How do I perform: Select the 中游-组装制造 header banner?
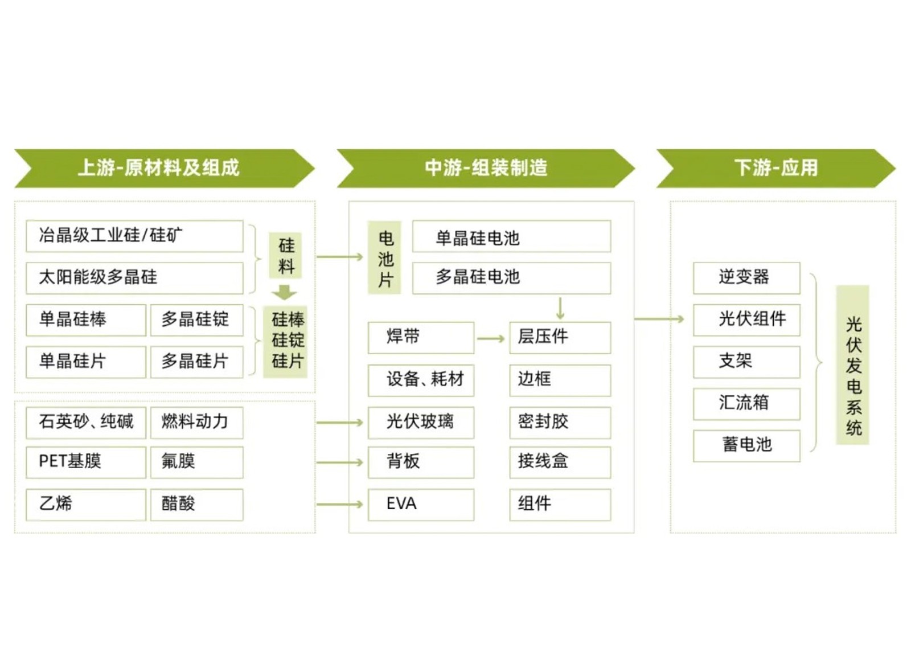(485, 168)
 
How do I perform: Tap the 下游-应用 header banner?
(775, 168)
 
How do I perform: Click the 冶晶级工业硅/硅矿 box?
(134, 236)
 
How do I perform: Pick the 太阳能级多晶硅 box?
(134, 277)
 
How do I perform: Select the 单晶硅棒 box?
(85, 320)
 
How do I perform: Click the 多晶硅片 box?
(196, 361)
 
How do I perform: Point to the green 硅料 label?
(286, 256)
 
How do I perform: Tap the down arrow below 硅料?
(284, 293)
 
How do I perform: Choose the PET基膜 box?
(85, 461)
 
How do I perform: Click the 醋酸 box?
(196, 503)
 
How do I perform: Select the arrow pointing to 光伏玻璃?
(339, 423)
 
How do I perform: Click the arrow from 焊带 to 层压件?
(491, 339)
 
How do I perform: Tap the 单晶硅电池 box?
(511, 237)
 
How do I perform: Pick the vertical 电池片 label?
(385, 258)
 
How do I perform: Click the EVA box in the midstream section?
(420, 504)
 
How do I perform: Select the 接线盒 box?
(560, 461)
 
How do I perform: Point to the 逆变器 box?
(746, 278)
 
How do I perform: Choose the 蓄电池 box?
(746, 445)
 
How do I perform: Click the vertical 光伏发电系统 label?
(852, 365)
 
